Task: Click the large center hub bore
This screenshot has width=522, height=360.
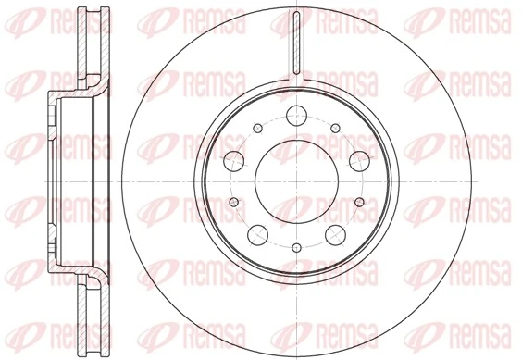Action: (x=296, y=180)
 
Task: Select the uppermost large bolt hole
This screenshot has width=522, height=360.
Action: (x=296, y=116)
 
